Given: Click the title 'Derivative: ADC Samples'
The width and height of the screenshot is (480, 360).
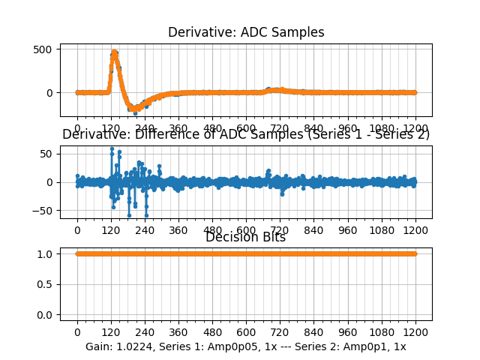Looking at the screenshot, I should pyautogui.click(x=246, y=32).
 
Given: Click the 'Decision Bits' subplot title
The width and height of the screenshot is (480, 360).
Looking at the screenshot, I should pyautogui.click(x=246, y=238).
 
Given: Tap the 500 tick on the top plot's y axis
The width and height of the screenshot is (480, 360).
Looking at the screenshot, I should pyautogui.click(x=42, y=49).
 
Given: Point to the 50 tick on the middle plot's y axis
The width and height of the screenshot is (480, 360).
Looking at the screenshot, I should pyautogui.click(x=46, y=154).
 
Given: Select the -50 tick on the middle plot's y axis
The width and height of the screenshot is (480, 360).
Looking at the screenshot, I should pyautogui.click(x=43, y=211).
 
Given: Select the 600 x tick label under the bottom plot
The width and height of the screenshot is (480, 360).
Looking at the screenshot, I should pyautogui.click(x=246, y=333).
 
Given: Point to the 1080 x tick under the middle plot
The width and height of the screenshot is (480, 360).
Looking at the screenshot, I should pyautogui.click(x=382, y=230).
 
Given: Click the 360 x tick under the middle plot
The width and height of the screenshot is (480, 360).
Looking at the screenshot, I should pyautogui.click(x=178, y=230).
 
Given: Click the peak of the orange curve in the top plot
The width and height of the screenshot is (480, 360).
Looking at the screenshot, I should pyautogui.click(x=114, y=52).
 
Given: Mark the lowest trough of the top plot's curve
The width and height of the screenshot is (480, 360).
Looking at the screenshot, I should pyautogui.click(x=135, y=112).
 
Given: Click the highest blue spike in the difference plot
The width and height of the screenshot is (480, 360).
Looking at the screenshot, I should pyautogui.click(x=112, y=148).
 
